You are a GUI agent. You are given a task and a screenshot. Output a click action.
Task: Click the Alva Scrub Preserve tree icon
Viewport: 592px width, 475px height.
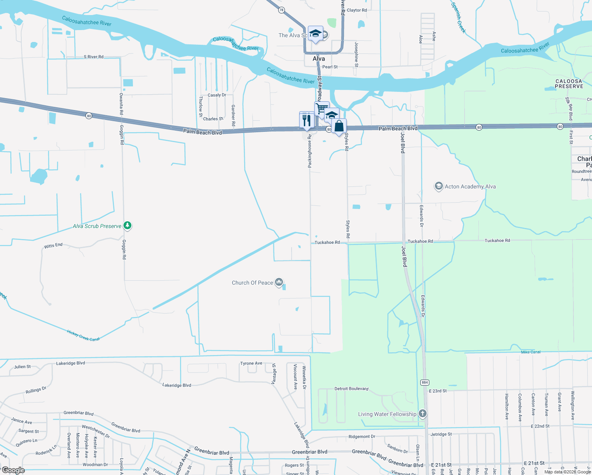[x=127, y=226]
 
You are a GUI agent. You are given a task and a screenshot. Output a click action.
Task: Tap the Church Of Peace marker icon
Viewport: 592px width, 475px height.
[x=279, y=282]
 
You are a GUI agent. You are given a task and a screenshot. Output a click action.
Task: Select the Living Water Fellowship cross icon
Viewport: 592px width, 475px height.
[x=423, y=414]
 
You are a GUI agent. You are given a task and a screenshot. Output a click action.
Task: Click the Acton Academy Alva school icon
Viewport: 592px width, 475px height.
[x=438, y=186]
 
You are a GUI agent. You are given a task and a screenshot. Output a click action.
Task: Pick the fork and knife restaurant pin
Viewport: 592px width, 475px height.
[x=307, y=120]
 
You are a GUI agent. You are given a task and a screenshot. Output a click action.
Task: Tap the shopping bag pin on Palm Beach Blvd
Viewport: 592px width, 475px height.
[x=339, y=126]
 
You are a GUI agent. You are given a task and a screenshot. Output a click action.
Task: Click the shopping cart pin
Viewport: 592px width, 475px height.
[x=322, y=108]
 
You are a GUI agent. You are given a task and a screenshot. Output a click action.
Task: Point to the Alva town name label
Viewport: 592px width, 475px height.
[x=319, y=59]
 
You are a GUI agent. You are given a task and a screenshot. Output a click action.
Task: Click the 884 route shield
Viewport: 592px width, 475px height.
[x=424, y=382]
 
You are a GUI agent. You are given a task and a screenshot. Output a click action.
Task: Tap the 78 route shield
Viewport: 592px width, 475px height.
[x=281, y=10]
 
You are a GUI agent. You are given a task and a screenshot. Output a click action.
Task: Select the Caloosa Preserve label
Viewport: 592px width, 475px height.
[x=569, y=84]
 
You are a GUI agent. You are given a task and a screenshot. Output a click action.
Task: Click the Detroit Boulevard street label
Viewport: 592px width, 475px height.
[x=351, y=389]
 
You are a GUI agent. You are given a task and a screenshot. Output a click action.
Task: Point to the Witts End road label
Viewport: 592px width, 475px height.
[x=53, y=246]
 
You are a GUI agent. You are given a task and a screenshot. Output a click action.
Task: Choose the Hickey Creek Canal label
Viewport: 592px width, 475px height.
[x=83, y=336]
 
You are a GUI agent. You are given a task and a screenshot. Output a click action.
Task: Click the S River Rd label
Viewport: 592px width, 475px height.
[x=93, y=57]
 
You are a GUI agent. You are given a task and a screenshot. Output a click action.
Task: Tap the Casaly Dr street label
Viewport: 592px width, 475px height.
[x=217, y=95]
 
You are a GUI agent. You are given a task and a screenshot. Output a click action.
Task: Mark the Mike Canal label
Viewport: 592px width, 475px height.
[x=531, y=352]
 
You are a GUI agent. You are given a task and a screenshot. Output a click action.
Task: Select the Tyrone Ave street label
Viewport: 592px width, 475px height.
[x=251, y=363]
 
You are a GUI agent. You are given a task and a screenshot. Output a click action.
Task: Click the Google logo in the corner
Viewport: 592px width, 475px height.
[x=13, y=470]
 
